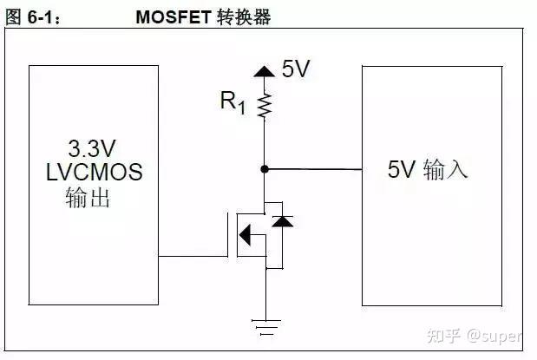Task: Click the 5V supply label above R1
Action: click(x=296, y=70)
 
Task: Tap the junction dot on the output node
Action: click(x=265, y=168)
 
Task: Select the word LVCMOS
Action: click(x=94, y=172)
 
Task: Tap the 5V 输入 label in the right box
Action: click(x=428, y=169)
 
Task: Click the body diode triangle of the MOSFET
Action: click(x=280, y=222)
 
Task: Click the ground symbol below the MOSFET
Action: click(x=265, y=327)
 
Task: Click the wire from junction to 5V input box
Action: click(x=312, y=169)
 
